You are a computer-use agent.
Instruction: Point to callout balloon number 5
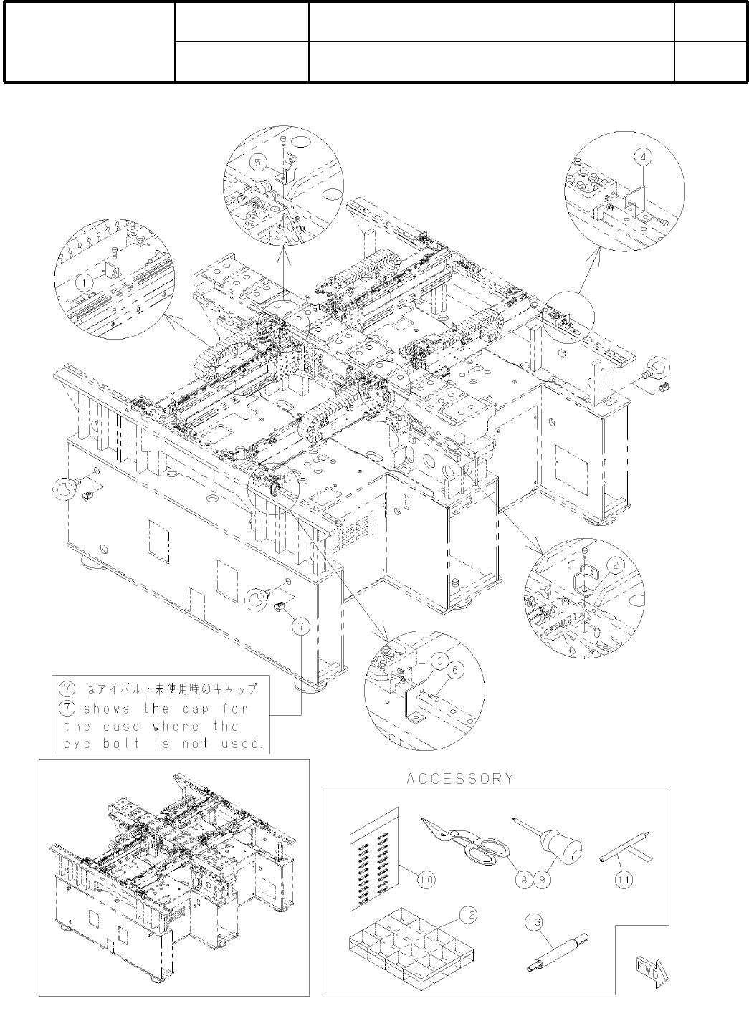(257, 163)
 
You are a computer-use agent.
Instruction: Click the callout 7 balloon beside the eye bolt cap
(301, 626)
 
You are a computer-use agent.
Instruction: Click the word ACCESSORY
(460, 779)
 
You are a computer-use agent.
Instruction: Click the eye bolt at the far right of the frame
(657, 371)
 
